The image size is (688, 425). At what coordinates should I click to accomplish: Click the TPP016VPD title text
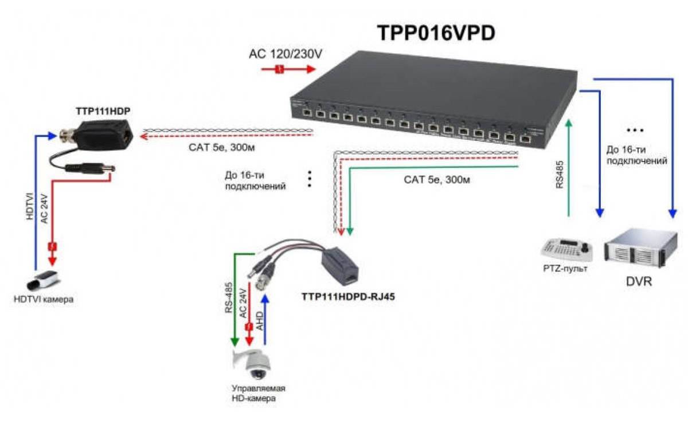point(436,33)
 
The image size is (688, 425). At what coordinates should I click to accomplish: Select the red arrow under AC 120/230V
point(288,69)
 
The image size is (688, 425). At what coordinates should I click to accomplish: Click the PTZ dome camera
point(253,364)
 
